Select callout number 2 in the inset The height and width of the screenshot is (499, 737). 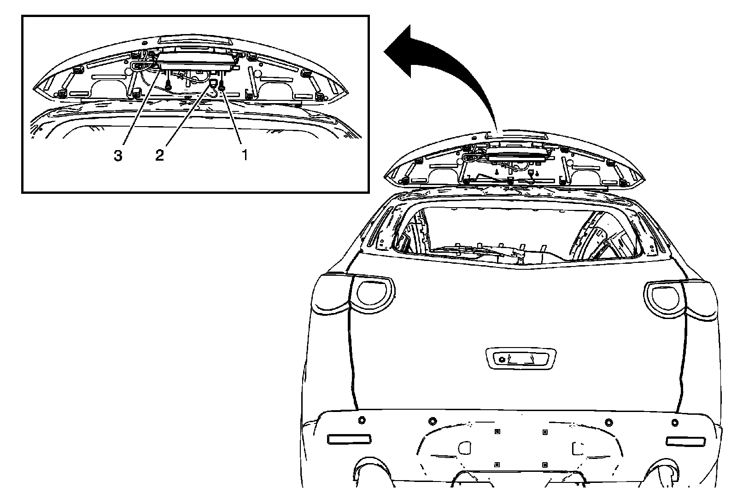159,156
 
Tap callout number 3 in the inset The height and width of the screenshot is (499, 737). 118,156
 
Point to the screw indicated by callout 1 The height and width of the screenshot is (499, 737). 222,86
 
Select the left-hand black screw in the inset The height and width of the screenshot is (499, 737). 169,86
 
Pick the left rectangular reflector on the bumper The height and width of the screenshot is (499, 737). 349,439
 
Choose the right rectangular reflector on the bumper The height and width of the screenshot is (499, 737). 686,441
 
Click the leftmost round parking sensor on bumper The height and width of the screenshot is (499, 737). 361,420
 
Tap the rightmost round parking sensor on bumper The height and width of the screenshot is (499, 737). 675,422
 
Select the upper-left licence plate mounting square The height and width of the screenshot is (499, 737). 496,432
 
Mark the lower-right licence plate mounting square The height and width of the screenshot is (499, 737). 545,464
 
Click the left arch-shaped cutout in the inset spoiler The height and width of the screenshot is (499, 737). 110,87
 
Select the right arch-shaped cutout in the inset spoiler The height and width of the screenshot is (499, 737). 276,88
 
